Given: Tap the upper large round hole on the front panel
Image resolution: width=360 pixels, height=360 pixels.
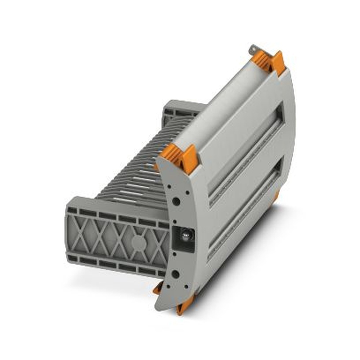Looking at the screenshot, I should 176,201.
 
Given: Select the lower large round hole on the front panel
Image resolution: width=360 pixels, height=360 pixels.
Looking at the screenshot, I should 175,275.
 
